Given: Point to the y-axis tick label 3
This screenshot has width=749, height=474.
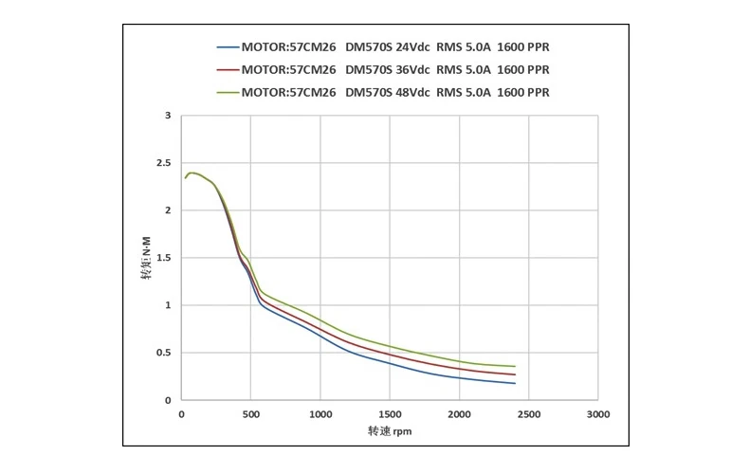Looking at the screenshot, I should tap(167, 116).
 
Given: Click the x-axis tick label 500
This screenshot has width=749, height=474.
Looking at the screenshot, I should tap(250, 415).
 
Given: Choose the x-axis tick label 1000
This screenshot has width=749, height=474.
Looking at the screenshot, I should tap(320, 415).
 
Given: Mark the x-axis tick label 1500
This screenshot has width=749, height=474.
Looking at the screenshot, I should tap(390, 415).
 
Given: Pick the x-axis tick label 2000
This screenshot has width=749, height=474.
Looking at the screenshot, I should tap(459, 415).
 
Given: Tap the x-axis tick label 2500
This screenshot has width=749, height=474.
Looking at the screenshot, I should tap(528, 415).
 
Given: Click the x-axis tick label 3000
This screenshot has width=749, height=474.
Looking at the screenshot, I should tap(597, 415).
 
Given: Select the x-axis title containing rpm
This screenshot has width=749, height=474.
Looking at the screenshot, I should tap(390, 431).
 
